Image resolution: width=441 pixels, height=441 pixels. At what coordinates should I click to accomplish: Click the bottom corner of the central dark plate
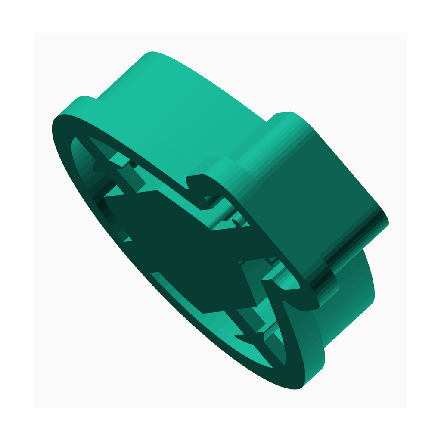click(x=202, y=312)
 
